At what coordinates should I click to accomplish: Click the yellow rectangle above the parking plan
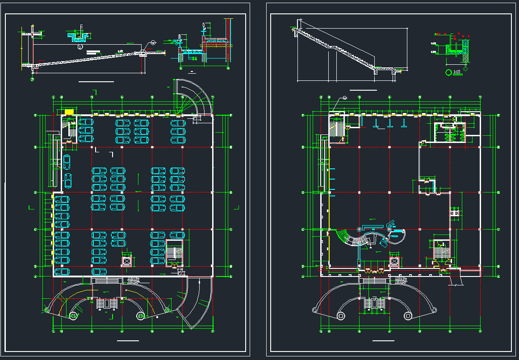[69, 112]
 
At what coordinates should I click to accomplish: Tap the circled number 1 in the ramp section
[80, 46]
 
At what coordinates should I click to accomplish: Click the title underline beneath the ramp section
[96, 82]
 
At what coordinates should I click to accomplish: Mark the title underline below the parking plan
[128, 341]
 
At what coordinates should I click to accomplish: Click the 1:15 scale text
[456, 71]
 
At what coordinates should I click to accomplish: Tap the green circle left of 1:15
[448, 71]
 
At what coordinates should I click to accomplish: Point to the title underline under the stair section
[363, 90]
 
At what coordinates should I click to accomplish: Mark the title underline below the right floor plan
[383, 341]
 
